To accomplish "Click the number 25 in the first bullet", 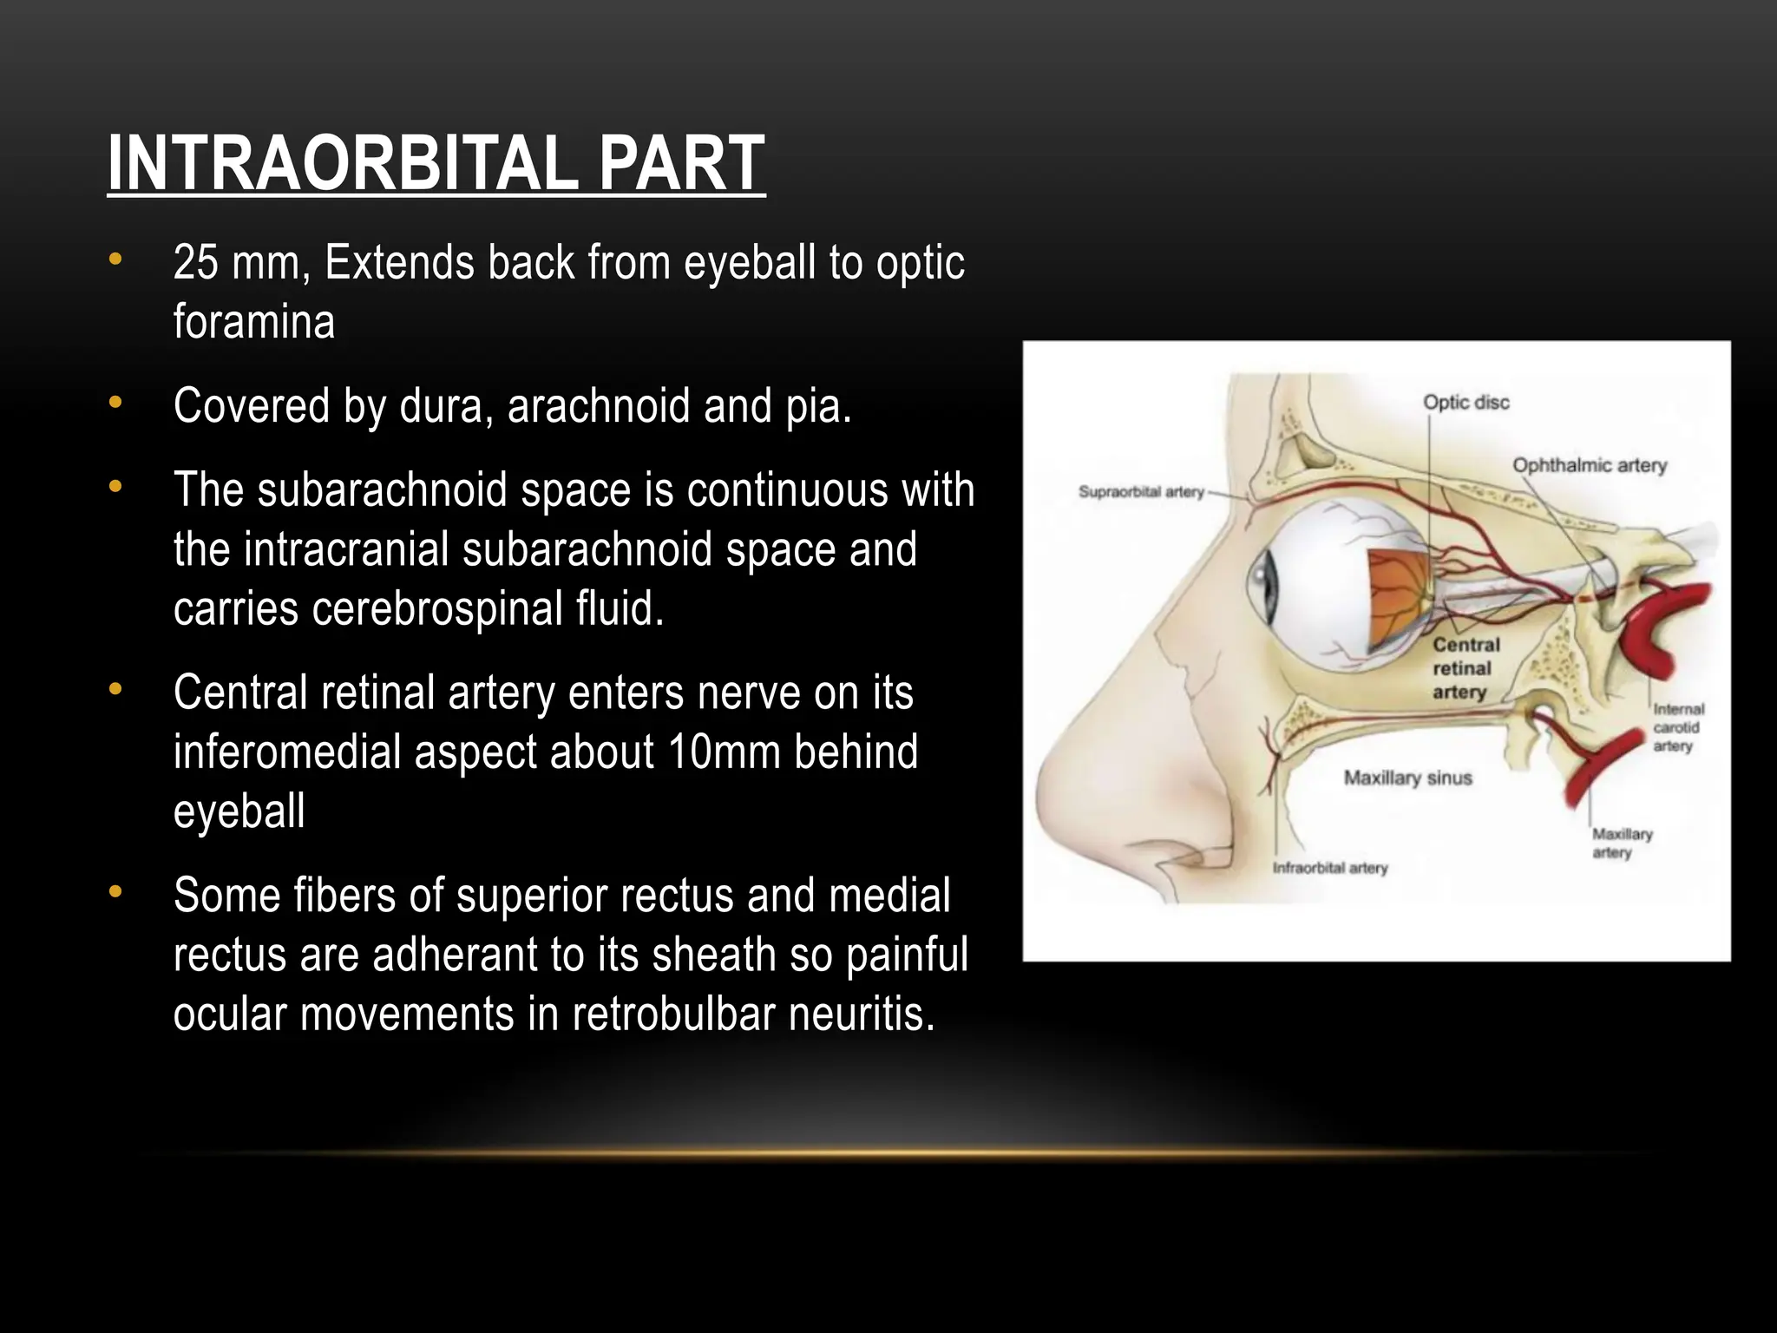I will (x=194, y=263).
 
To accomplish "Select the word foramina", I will (x=253, y=322).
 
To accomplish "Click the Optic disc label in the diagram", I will (x=1466, y=403).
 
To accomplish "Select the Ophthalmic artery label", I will (x=1590, y=466).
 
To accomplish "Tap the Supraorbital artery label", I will (x=1140, y=492).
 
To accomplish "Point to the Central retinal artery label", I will (x=1466, y=668).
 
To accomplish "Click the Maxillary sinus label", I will (x=1407, y=778).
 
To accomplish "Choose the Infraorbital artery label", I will (x=1329, y=868).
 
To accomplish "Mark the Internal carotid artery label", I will (x=1678, y=727).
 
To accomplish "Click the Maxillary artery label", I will (x=1621, y=843).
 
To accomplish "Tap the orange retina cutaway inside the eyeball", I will (x=1397, y=599).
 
